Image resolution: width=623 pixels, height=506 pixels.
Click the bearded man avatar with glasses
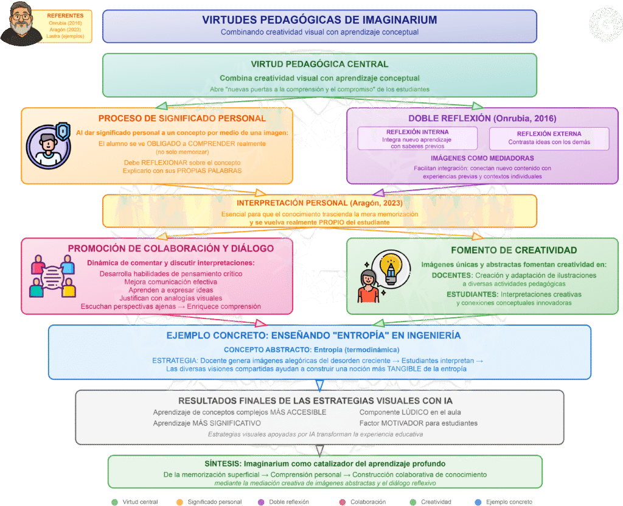point(21,24)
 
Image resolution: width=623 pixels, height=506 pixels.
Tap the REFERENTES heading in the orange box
point(65,15)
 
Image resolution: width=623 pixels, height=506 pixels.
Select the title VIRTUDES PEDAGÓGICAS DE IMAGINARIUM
point(319,20)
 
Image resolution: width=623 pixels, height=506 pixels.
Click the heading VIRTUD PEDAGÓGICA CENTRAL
point(319,64)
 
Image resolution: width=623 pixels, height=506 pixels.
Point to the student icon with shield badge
point(49,146)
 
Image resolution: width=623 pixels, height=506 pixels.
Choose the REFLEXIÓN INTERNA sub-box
point(417,138)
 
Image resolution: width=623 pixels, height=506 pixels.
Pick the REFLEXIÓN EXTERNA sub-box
point(549,138)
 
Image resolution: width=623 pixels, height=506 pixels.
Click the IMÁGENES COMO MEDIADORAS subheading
point(482,158)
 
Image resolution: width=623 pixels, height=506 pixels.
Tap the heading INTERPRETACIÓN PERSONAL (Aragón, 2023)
point(319,203)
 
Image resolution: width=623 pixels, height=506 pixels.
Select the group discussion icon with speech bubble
point(52,276)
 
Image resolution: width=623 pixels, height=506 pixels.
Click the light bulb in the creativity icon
point(391,268)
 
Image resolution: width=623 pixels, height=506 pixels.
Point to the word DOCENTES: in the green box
point(452,275)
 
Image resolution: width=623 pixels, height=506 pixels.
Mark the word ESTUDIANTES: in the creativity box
point(472,294)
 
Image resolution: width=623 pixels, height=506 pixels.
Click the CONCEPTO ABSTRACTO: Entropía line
point(311,350)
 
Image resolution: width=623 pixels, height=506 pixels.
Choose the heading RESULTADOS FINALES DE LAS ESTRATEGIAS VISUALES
point(316,401)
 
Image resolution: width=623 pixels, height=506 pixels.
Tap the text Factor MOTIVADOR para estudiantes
point(419,423)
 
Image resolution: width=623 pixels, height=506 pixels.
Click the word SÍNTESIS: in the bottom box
point(223,464)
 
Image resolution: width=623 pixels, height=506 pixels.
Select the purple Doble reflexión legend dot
point(261,502)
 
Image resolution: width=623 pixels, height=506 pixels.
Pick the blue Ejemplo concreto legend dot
point(478,502)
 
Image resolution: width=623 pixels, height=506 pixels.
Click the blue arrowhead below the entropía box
point(319,385)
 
